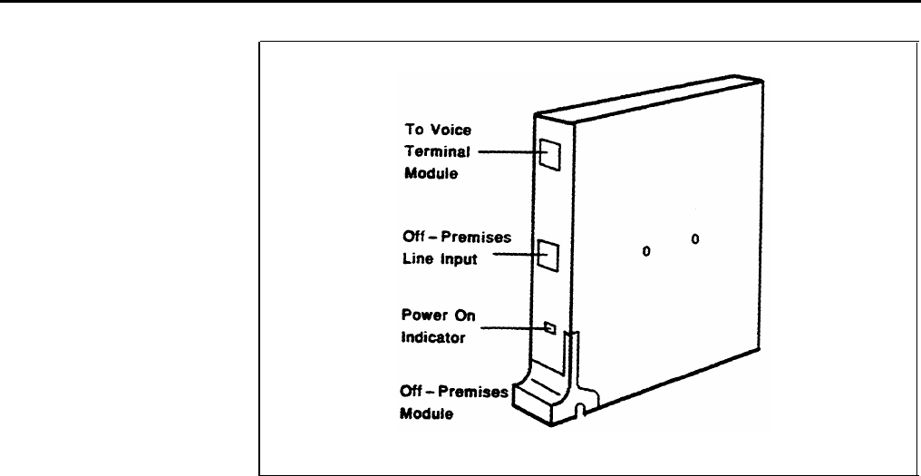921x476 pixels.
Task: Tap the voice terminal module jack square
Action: [x=548, y=154]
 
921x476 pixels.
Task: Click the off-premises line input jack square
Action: [x=548, y=257]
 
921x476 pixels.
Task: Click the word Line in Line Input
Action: [x=415, y=258]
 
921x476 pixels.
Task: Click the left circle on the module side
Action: [x=646, y=250]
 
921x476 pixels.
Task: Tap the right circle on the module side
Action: [x=695, y=240]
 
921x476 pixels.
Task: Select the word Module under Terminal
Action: [x=424, y=172]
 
